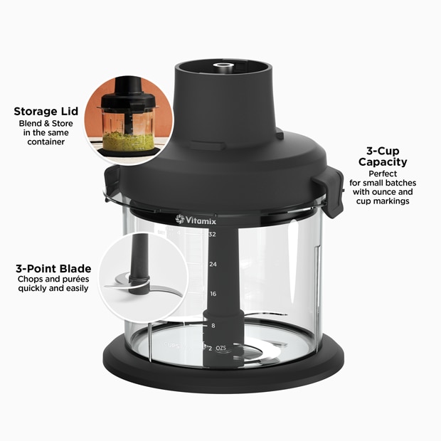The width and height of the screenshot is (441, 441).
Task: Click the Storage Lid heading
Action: (x=46, y=112)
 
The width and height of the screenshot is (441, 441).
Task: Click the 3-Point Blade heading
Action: (x=53, y=269)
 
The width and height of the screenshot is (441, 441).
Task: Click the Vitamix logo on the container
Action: (x=196, y=220)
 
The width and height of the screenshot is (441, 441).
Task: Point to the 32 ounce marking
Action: (x=212, y=234)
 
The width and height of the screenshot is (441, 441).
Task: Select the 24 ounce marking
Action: (x=212, y=264)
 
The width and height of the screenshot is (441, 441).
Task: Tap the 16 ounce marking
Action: (x=212, y=294)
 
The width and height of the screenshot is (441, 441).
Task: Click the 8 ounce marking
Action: (x=212, y=325)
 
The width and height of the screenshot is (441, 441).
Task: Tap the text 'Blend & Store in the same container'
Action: (x=42, y=132)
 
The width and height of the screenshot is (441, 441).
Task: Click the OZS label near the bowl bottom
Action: (x=221, y=347)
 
